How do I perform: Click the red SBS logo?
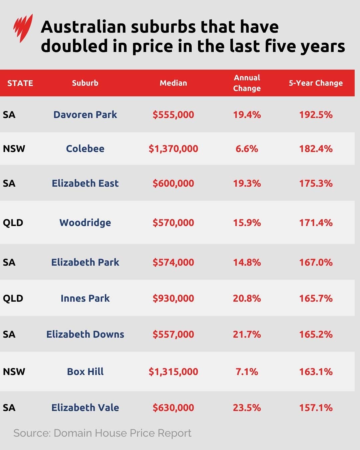coord(23,28)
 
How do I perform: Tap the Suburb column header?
coord(85,83)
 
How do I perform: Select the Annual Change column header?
coord(247,83)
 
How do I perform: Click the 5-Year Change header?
coord(315,83)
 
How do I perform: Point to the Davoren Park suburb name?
coord(85,115)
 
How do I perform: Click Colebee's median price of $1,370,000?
coord(173,149)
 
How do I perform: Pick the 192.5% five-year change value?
coord(316,115)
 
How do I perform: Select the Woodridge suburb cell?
coord(85,223)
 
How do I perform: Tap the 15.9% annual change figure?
coord(247,223)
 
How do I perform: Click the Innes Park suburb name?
coord(85,298)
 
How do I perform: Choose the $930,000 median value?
coord(173,298)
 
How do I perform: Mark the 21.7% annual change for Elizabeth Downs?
coord(247,334)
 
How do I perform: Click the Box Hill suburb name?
coord(85,372)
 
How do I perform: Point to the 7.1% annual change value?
coord(247,372)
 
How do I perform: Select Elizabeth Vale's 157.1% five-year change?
coord(316,408)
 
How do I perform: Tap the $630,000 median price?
coord(173,408)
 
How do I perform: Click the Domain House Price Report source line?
coord(102,433)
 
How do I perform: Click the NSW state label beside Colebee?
coord(14,149)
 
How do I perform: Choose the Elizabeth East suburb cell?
coord(85,183)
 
